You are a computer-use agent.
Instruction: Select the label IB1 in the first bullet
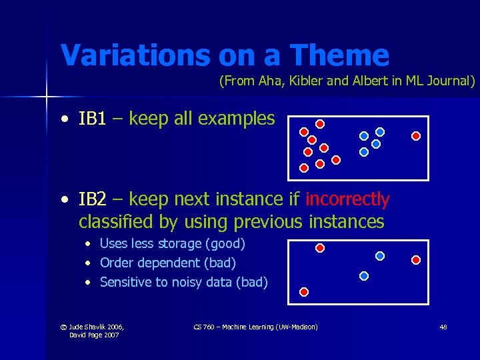[92, 119]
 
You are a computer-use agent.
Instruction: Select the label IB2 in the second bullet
[92, 199]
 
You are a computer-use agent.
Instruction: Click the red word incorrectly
[347, 199]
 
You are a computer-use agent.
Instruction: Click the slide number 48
[443, 327]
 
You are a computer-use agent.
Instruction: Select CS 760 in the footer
[204, 327]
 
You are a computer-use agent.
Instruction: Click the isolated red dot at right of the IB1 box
[416, 136]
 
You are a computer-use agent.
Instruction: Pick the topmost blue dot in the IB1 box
[380, 132]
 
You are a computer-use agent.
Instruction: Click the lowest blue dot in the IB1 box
[363, 152]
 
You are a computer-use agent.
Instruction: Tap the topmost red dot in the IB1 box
[320, 124]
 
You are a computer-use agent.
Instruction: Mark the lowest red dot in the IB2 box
[304, 292]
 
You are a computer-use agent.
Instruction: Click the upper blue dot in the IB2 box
[380, 255]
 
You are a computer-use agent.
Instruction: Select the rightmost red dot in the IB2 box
[416, 259]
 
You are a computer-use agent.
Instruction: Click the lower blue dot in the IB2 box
[363, 275]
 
